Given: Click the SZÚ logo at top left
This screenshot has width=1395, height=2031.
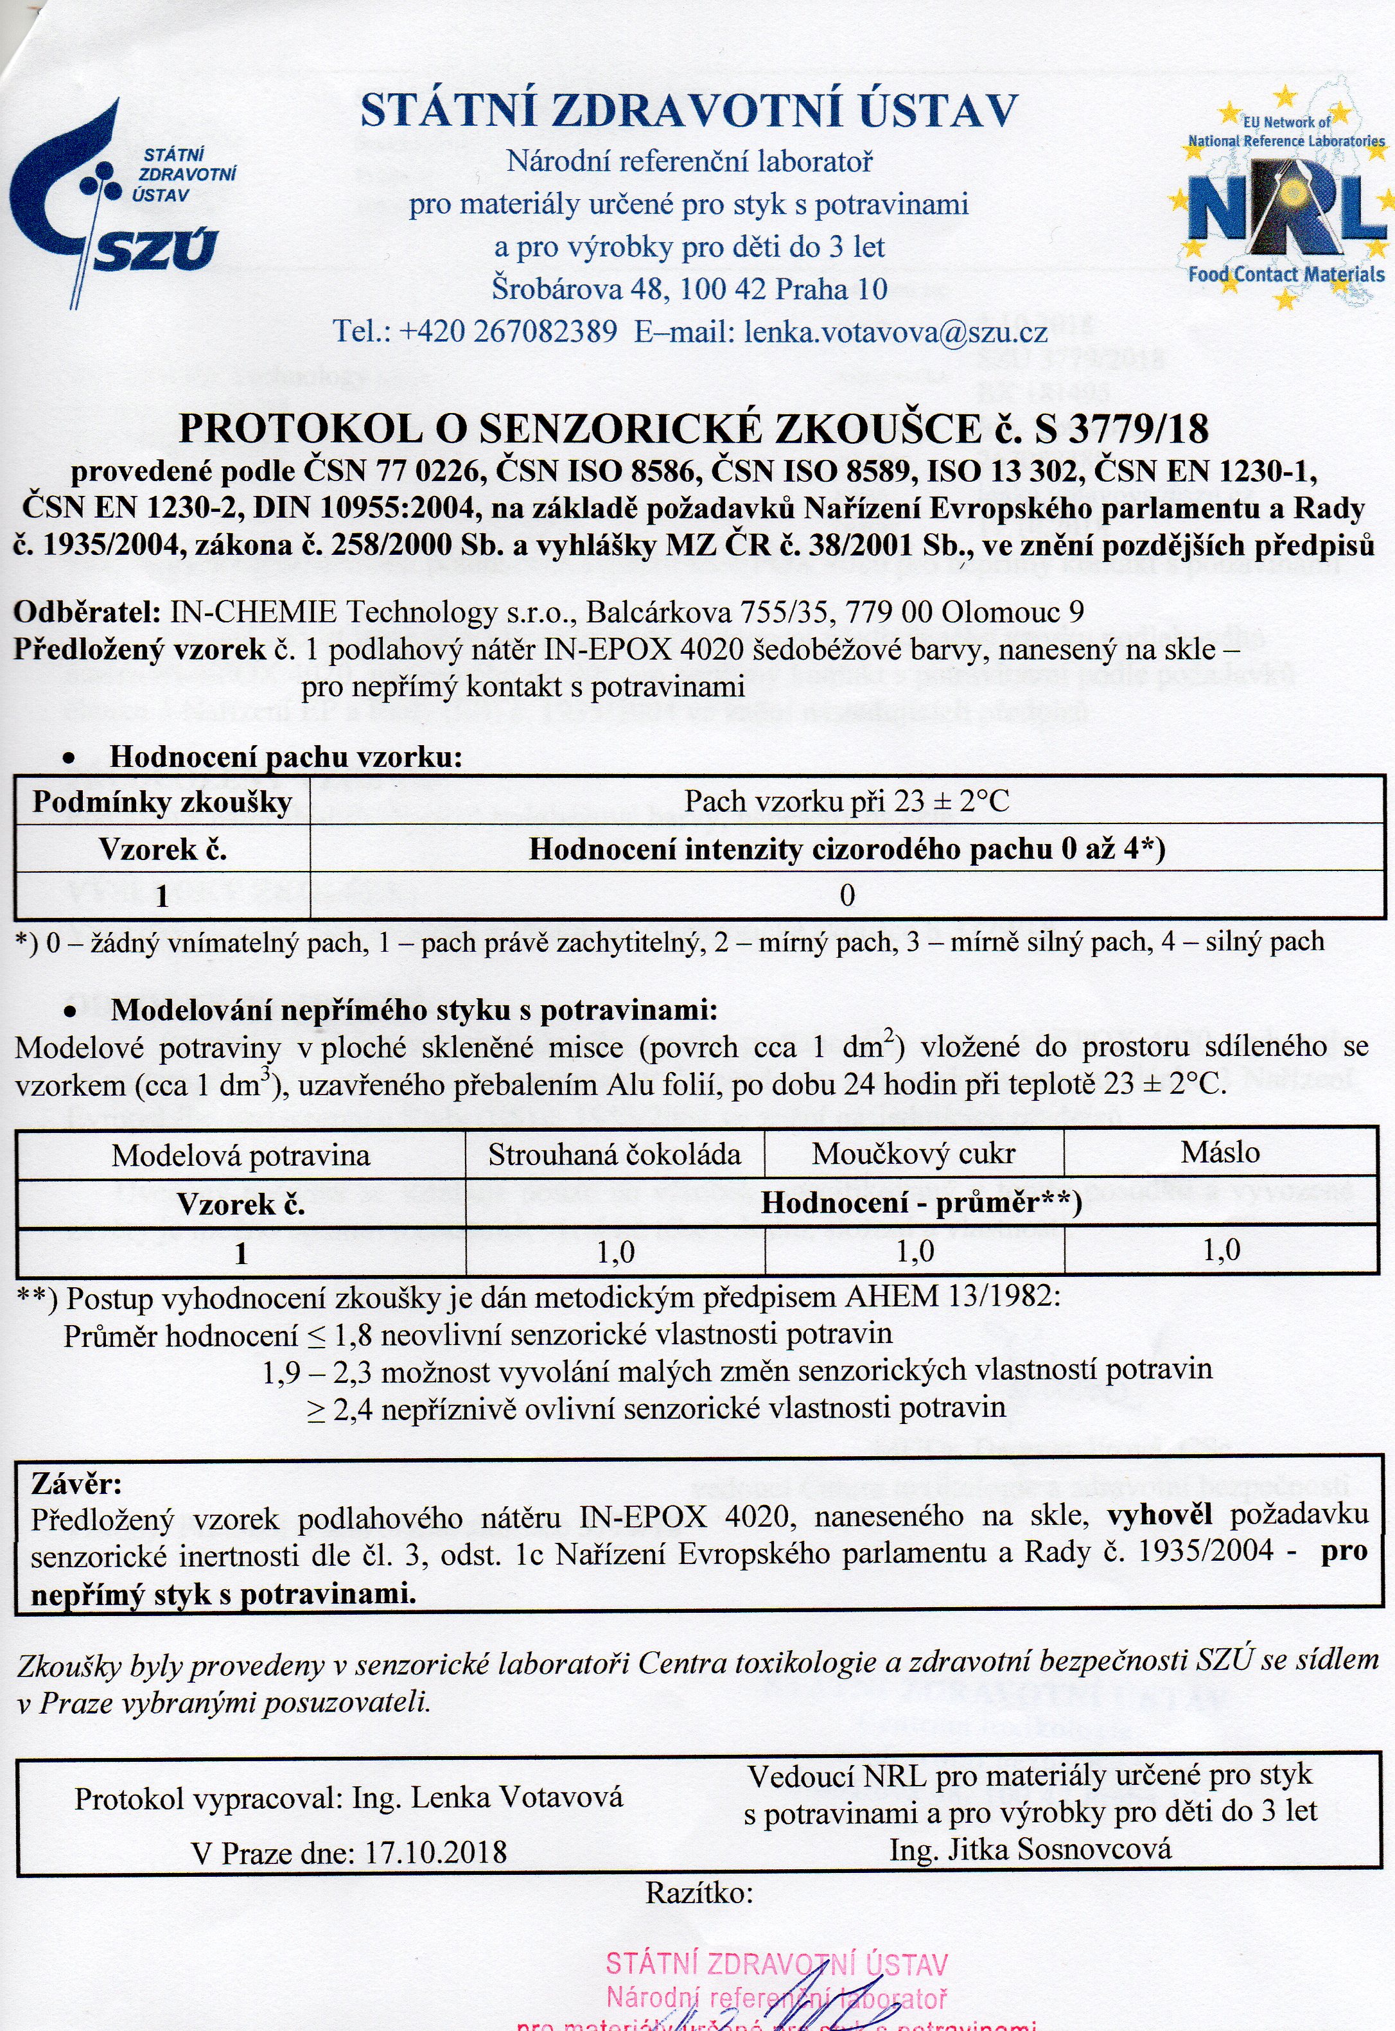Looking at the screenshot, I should pyautogui.click(x=123, y=206).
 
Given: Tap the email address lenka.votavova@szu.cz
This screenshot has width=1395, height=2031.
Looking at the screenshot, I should pyautogui.click(x=895, y=332).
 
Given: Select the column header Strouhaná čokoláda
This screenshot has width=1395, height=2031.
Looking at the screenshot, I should pyautogui.click(x=615, y=1154).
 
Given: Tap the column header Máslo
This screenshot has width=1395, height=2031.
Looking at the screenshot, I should pyautogui.click(x=1220, y=1153).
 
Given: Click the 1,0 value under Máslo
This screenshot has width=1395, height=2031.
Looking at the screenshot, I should pyautogui.click(x=1221, y=1251).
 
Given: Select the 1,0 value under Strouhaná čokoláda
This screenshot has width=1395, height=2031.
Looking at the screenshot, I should pyautogui.click(x=615, y=1253).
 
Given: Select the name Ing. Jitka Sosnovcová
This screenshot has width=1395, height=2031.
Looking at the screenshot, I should pyautogui.click(x=1030, y=1850).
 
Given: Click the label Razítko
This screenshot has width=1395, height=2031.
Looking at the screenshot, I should pyautogui.click(x=698, y=1894).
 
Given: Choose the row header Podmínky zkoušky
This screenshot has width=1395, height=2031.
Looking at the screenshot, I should pyautogui.click(x=162, y=802).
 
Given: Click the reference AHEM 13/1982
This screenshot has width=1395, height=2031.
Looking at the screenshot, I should pyautogui.click(x=951, y=1297).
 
